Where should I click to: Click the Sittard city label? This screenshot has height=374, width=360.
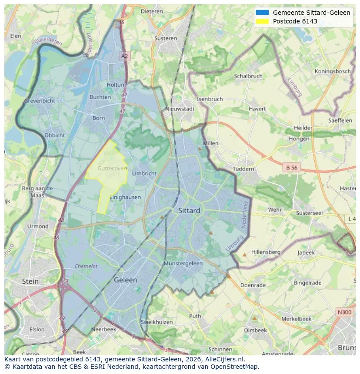click(x=189, y=211)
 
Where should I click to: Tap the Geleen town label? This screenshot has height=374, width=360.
click(x=125, y=280)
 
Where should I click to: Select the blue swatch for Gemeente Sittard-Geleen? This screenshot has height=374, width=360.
click(x=262, y=13)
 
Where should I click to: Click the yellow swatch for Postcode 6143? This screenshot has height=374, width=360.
click(x=262, y=21)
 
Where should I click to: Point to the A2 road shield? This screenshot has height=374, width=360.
click(x=125, y=56)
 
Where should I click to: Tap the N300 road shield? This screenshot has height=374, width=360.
click(x=345, y=312)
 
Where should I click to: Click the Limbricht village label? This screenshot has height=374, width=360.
click(x=144, y=173)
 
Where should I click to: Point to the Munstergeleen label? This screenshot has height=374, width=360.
click(x=183, y=263)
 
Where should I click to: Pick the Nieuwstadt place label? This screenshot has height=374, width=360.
click(x=180, y=109)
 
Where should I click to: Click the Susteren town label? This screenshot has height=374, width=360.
click(x=166, y=38)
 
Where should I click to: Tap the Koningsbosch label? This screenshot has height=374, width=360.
click(x=333, y=71)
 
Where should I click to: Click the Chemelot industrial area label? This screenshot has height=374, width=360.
click(x=86, y=266)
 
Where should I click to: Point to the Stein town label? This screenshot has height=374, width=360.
click(x=30, y=281)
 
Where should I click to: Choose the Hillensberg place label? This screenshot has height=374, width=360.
click(x=266, y=252)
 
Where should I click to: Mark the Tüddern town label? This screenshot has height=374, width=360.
click(x=243, y=169)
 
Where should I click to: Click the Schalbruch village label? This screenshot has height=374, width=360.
click(x=248, y=76)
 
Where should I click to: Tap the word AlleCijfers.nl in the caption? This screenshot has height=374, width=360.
click(x=224, y=359)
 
